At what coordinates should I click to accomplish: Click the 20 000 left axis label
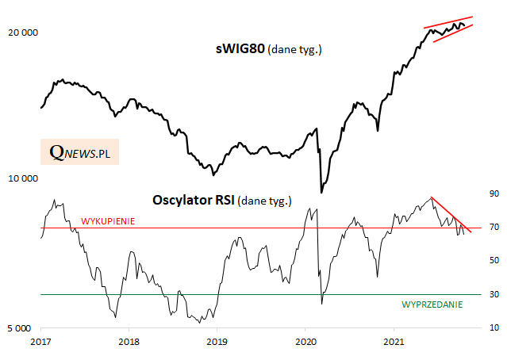click(21, 33)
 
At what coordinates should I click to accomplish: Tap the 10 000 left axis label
click(21, 179)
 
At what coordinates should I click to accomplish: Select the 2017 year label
click(40, 341)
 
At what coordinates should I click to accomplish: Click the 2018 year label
click(129, 341)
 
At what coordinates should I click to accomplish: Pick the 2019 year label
click(217, 341)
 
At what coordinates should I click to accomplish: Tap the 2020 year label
click(305, 341)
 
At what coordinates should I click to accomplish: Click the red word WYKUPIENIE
click(108, 221)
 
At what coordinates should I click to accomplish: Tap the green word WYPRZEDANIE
click(432, 304)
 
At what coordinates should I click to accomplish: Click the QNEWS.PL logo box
click(79, 151)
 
